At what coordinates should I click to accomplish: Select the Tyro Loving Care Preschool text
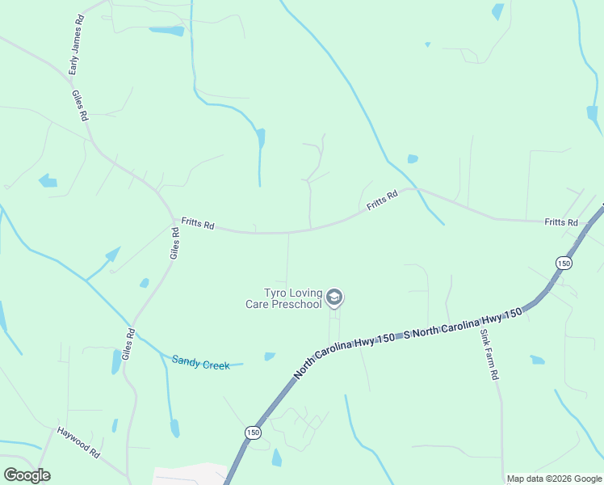coord(283,298)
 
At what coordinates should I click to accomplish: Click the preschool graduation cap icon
coord(335,298)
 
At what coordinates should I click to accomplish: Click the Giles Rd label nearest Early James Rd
coord(79,105)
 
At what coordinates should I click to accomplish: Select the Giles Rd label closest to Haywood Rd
coord(127,344)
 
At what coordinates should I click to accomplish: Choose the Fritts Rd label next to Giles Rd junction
coord(197,223)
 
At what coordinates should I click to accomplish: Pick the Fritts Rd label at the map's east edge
coord(560,221)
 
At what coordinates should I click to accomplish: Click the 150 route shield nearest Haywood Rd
coord(253,432)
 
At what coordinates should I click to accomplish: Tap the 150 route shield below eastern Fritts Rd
coord(564,264)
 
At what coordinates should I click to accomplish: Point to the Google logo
coord(27,474)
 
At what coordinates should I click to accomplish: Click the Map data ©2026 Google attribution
coord(554,479)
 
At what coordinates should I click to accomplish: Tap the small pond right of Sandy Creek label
coord(269,356)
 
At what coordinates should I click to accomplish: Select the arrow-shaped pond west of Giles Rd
coord(111,255)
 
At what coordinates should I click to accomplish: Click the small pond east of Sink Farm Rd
coord(537,360)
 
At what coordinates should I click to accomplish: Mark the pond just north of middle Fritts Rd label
coord(413,158)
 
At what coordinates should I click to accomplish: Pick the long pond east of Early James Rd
coord(167,32)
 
